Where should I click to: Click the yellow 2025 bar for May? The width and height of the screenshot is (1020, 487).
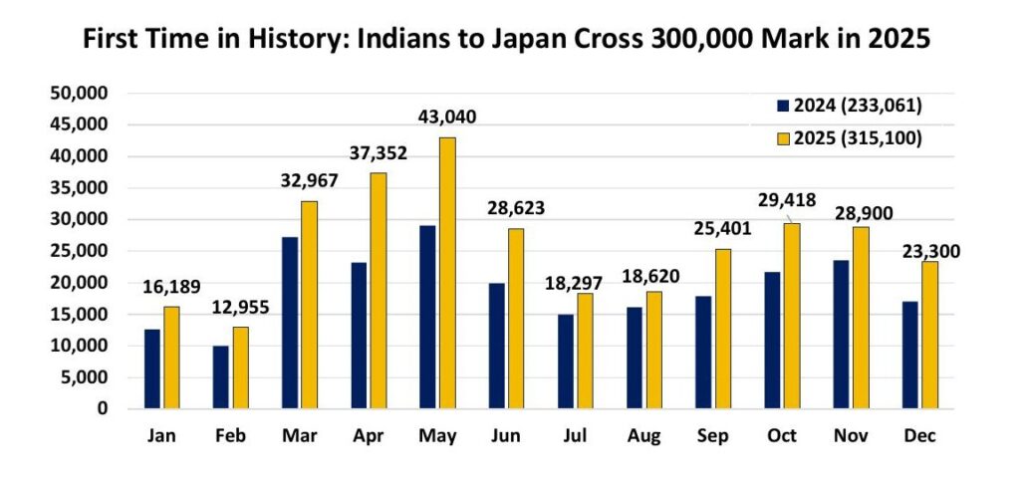tap(447, 273)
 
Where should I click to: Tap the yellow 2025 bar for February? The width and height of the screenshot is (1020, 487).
tap(241, 367)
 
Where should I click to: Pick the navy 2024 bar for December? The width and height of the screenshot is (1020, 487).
tap(909, 355)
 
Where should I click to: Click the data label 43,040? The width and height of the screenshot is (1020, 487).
tap(446, 118)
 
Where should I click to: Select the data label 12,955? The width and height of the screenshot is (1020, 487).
tap(240, 308)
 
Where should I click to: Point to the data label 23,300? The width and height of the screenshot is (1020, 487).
tap(931, 252)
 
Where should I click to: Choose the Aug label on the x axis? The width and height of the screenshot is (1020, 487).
tap(643, 436)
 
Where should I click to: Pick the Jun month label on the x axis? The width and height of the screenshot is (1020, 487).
tap(506, 436)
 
